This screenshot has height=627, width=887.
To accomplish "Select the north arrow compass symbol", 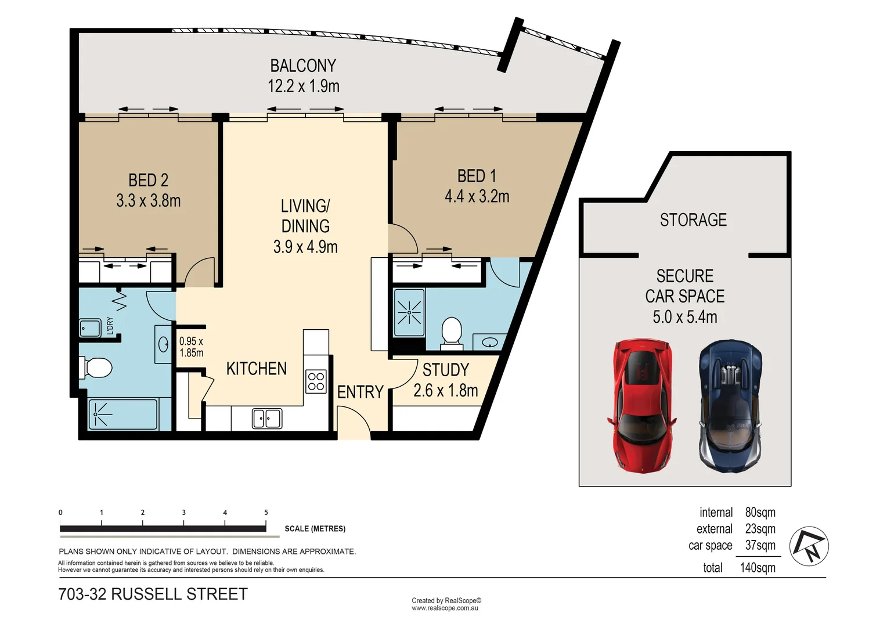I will click(x=809, y=546).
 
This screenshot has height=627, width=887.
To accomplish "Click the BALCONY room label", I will click(x=303, y=66).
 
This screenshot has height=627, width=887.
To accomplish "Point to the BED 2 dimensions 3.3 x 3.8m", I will click(x=149, y=201).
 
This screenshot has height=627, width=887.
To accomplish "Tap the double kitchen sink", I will click(x=267, y=419).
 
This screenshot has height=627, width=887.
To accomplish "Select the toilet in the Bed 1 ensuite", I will click(x=451, y=332).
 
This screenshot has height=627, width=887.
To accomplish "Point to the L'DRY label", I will click(x=110, y=326).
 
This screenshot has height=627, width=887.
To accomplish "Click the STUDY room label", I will click(x=445, y=370).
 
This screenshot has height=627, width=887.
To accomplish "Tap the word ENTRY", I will click(x=360, y=392).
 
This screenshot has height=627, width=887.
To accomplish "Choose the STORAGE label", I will click(x=693, y=220).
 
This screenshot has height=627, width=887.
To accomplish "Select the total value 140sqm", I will click(x=757, y=568).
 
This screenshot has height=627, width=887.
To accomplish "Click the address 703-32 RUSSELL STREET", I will click(x=153, y=594).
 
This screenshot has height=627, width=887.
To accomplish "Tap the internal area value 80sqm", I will click(x=760, y=513).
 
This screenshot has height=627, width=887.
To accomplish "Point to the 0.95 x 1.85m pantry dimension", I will click(x=191, y=347).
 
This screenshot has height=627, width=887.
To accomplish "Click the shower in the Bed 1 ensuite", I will click(x=409, y=313).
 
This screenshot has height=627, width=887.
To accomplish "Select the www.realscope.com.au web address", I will click(x=445, y=608).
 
